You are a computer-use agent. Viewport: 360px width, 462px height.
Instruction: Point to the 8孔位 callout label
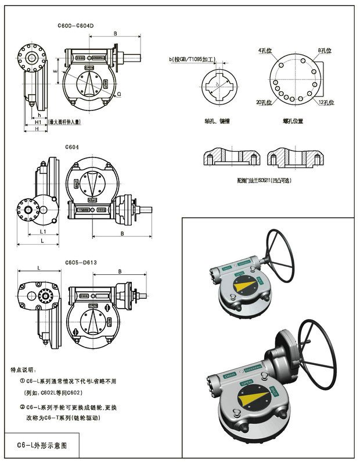point(326,51)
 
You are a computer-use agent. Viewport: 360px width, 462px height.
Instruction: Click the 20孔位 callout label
point(264,102)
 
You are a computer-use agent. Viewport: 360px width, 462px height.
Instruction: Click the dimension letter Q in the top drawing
point(118,93)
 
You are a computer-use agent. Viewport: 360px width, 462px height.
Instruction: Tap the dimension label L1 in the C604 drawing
point(43,232)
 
